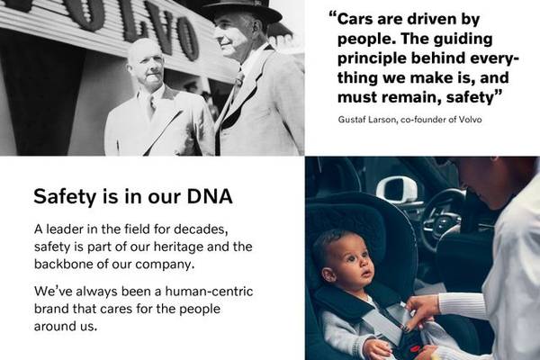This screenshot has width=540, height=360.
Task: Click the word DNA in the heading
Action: click(210, 196)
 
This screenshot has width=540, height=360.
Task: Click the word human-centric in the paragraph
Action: click(209, 291)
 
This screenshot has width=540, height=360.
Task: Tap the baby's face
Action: click(351, 265)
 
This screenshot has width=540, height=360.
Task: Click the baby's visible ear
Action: click(328, 274)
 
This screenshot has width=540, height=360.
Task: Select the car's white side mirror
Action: click(396, 190)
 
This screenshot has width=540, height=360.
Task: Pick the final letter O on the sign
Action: click(186, 39)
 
